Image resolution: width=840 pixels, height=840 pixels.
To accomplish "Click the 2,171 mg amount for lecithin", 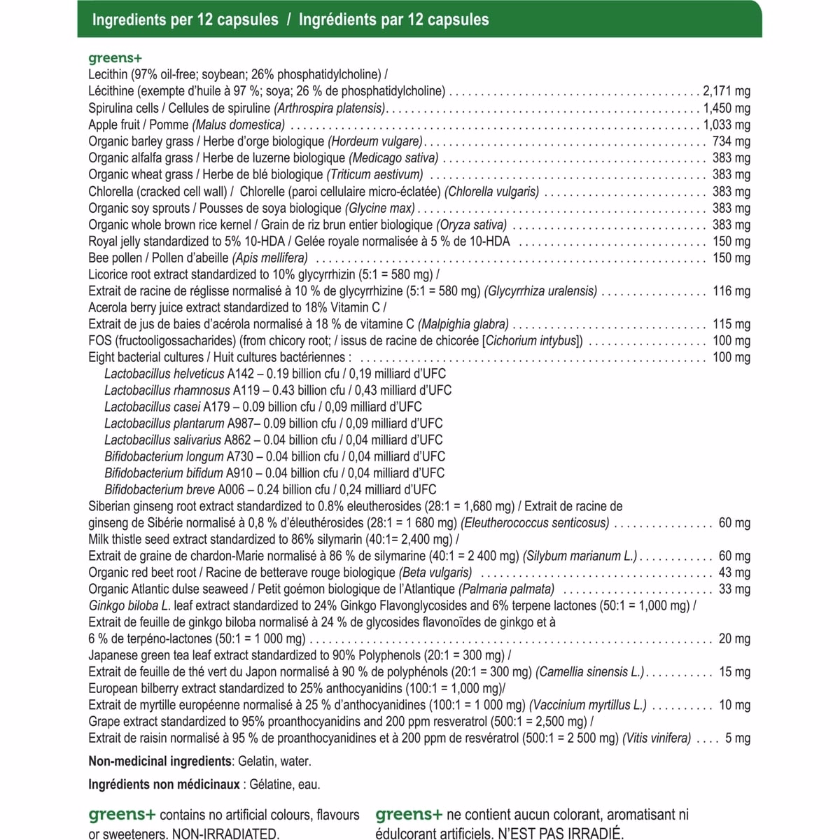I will [x=726, y=91].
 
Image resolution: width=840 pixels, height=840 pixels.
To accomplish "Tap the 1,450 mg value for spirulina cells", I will [x=726, y=108].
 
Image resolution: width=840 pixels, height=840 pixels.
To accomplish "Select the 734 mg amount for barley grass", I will [x=731, y=141].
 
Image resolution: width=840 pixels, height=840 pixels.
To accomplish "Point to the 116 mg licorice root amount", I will [x=731, y=291].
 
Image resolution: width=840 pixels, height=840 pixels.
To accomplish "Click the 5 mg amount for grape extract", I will [x=738, y=738].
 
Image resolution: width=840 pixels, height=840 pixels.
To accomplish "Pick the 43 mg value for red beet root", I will [x=734, y=573].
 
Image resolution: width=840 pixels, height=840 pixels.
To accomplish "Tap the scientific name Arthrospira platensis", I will [x=330, y=108].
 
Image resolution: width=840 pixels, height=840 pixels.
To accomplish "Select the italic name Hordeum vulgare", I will [x=375, y=141].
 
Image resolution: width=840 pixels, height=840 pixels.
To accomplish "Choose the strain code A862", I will [x=237, y=440].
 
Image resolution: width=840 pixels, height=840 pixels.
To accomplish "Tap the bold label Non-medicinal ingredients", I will [x=160, y=762].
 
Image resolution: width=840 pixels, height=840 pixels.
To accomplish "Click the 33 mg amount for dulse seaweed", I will [x=734, y=589].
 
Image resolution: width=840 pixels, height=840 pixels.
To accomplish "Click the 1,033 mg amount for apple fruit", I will [x=726, y=125].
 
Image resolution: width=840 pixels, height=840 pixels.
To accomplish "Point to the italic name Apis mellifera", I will [x=269, y=258].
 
